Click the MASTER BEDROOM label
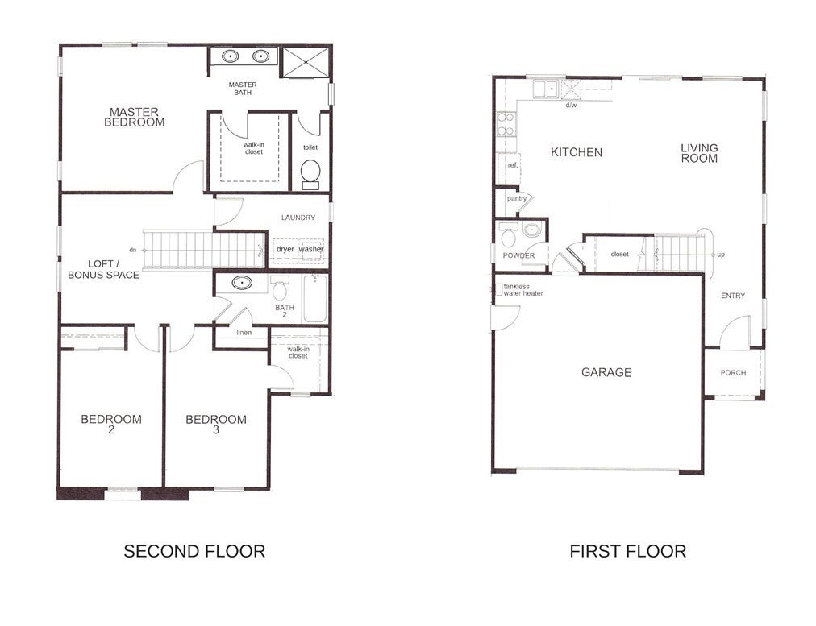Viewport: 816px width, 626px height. (135, 117)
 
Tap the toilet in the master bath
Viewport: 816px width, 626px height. (310, 174)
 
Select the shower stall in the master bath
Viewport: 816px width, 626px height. (306, 62)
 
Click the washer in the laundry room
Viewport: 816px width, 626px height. (311, 250)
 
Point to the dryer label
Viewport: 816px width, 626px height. (285, 249)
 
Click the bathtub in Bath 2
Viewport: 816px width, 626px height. (314, 300)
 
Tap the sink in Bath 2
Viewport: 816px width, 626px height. (242, 283)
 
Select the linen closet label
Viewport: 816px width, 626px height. (244, 332)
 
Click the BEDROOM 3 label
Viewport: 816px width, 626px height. (216, 425)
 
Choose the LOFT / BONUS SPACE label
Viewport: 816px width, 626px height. (103, 269)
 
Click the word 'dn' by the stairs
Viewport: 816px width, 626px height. (133, 250)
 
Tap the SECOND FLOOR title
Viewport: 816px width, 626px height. (194, 551)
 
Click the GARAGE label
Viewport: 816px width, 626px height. (606, 372)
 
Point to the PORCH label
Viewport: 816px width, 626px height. (733, 373)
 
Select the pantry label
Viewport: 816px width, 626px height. (517, 199)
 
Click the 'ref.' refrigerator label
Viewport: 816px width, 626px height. (513, 165)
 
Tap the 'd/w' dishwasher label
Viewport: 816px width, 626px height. (571, 105)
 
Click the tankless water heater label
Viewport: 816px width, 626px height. (523, 289)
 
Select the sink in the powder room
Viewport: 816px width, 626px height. (531, 230)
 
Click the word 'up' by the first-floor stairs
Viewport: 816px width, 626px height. (721, 255)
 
